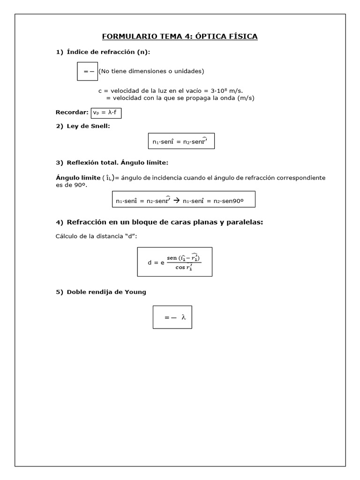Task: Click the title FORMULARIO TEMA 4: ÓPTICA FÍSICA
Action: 180,36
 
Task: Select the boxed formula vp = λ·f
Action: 106,112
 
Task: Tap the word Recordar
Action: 72,112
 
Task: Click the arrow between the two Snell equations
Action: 177,200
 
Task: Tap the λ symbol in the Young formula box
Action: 184,317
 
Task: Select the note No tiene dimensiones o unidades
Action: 151,71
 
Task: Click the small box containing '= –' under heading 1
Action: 87,71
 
